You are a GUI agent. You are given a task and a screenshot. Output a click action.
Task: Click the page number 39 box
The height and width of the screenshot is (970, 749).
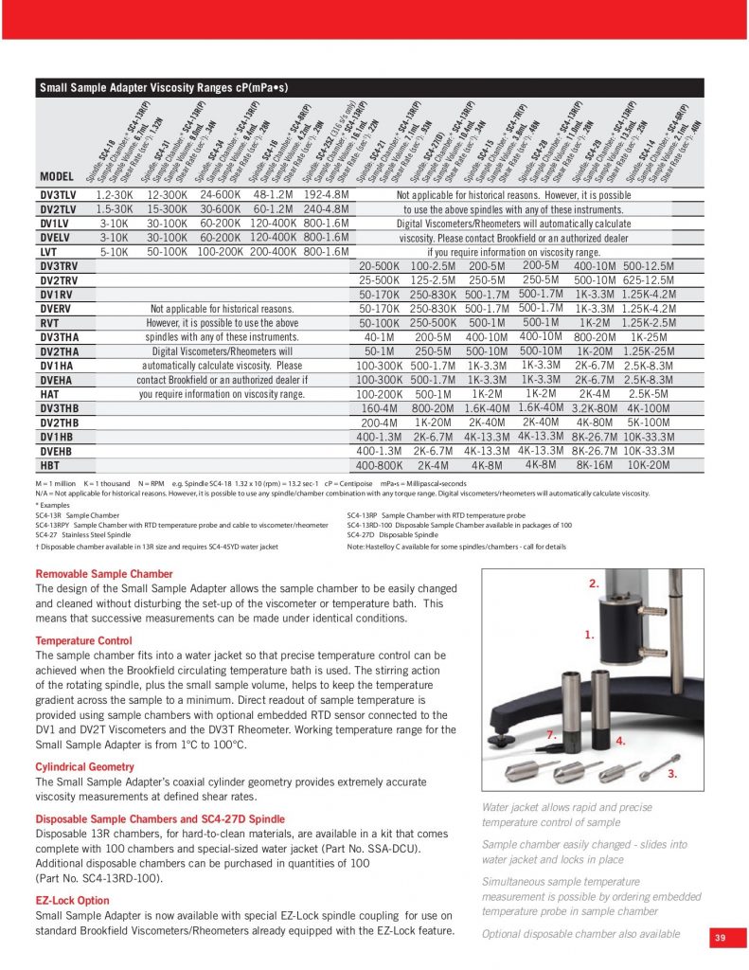[x=721, y=937]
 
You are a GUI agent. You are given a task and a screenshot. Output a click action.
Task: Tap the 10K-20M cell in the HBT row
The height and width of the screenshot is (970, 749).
[x=649, y=465]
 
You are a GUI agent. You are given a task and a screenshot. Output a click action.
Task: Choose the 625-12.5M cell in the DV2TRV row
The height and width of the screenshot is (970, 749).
[x=649, y=281]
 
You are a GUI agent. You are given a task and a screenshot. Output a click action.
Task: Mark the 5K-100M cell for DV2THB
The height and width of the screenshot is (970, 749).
[x=649, y=422]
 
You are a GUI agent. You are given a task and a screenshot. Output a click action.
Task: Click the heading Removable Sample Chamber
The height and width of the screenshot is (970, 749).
[x=104, y=574]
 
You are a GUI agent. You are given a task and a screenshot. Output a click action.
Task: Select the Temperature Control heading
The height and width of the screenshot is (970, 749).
[x=91, y=640]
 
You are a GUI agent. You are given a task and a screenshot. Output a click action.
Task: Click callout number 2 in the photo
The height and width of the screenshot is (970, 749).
[x=594, y=584]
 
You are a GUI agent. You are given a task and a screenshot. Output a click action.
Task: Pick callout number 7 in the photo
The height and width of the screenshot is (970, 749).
[x=551, y=735]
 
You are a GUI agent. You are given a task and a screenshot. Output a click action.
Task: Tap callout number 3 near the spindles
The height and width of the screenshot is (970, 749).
[x=671, y=775]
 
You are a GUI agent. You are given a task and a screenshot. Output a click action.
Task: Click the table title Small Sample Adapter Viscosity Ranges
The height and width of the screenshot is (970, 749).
[x=163, y=89]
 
